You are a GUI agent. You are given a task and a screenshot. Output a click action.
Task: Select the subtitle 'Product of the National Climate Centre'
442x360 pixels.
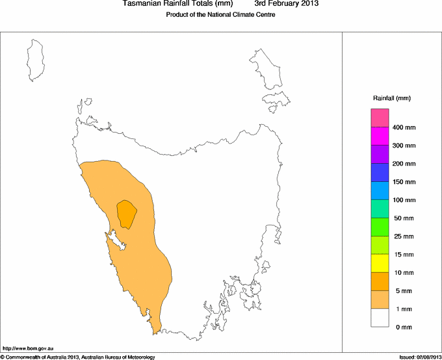coord(221,15)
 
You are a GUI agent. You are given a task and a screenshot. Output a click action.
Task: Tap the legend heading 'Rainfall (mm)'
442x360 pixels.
coord(391,98)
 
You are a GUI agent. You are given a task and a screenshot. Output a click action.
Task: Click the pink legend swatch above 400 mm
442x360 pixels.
coord(380,118)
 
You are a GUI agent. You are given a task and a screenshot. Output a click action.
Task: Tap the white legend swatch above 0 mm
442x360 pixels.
coord(380,317)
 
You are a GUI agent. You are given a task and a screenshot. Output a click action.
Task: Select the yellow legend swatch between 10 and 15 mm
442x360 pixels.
coord(380,263)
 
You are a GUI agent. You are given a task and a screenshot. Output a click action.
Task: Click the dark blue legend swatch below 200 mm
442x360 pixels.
coord(380,172)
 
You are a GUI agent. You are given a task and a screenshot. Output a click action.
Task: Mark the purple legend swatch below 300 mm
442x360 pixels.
coord(380,154)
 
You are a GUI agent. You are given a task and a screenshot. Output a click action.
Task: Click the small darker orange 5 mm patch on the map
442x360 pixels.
coord(126,212)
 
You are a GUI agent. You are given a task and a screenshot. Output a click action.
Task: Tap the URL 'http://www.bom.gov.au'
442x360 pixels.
coord(29,348)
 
